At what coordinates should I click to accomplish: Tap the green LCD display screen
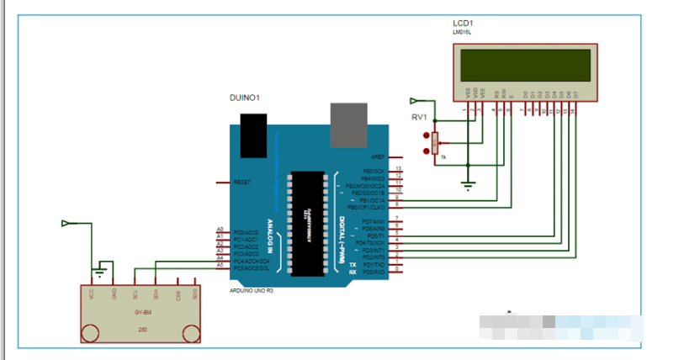pyautogui.click(x=524, y=65)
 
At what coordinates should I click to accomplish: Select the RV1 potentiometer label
pyautogui.click(x=418, y=117)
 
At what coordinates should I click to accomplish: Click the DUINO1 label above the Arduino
pyautogui.click(x=245, y=98)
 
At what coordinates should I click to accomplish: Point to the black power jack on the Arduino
pyautogui.click(x=254, y=135)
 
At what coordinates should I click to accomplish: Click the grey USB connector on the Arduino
pyautogui.click(x=351, y=123)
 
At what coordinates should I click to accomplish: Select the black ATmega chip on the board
pyautogui.click(x=309, y=222)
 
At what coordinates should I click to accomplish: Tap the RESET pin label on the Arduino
pyautogui.click(x=241, y=182)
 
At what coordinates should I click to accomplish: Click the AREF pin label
pyautogui.click(x=377, y=156)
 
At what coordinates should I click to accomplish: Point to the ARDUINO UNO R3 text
pyautogui.click(x=252, y=290)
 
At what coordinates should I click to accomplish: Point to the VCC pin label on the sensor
pyautogui.click(x=91, y=294)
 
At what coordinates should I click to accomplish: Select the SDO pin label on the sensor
pyautogui.click(x=194, y=294)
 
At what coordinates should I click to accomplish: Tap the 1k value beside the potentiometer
pyautogui.click(x=443, y=157)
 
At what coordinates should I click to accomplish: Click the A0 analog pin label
pyautogui.click(x=220, y=230)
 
